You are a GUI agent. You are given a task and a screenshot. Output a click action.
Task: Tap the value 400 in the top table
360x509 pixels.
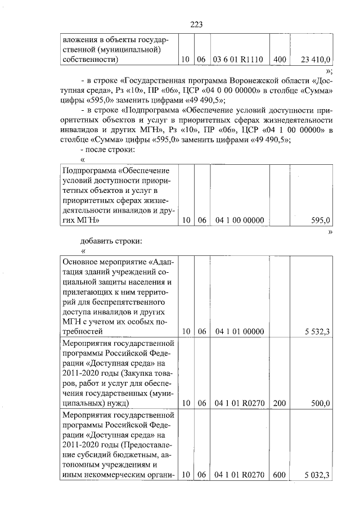(280, 59)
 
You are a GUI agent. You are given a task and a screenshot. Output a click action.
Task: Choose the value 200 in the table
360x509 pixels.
(280, 403)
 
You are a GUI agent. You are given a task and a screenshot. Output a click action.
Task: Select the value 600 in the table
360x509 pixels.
(280, 475)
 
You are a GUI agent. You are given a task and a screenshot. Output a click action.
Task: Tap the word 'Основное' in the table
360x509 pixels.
(80, 262)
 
